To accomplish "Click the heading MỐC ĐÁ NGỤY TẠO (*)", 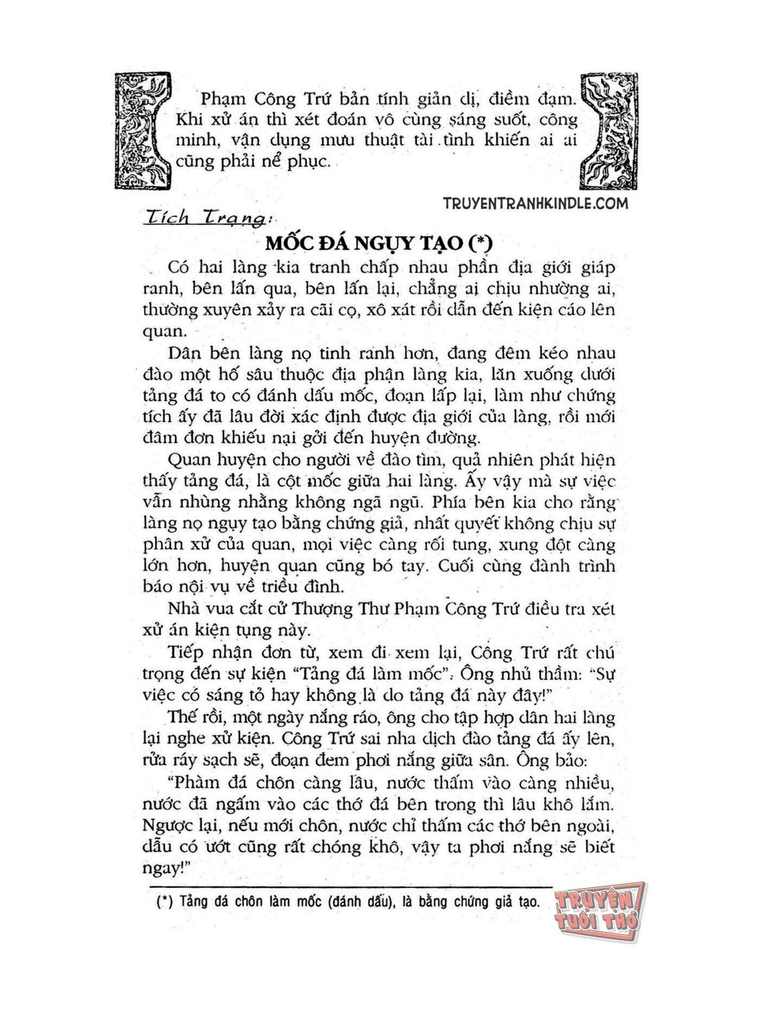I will [378, 244].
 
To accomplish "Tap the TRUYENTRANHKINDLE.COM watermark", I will [535, 203].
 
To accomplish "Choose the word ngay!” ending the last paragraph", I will [163, 869].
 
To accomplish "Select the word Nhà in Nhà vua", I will [184, 609].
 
